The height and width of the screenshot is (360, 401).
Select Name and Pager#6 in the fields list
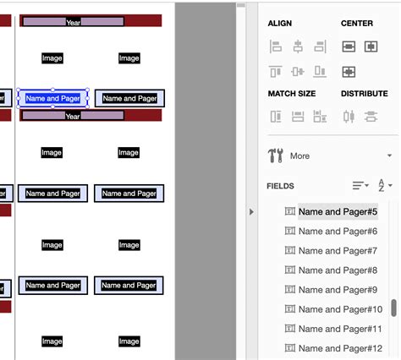(x=337, y=232)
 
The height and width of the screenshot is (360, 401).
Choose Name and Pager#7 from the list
(x=337, y=251)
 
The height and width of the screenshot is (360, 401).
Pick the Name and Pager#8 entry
(x=337, y=270)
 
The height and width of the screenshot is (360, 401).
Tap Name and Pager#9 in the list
(x=337, y=290)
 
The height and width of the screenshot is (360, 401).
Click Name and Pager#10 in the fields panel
(x=340, y=309)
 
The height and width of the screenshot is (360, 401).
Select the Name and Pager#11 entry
(x=340, y=329)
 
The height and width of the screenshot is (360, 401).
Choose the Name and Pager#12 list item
(x=340, y=348)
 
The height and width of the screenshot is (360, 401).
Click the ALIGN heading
(x=280, y=24)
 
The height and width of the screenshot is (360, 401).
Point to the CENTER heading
(x=357, y=24)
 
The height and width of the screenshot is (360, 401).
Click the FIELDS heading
(x=281, y=185)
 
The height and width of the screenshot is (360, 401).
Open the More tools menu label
(x=299, y=156)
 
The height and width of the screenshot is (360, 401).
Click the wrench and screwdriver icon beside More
(x=276, y=155)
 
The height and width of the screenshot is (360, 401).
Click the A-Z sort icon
(x=383, y=185)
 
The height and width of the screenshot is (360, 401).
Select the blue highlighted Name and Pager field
(x=52, y=98)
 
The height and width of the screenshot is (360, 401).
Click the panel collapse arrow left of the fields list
(x=251, y=212)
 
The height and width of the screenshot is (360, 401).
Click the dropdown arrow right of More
(x=389, y=156)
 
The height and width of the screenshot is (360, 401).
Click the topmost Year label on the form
(x=74, y=21)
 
